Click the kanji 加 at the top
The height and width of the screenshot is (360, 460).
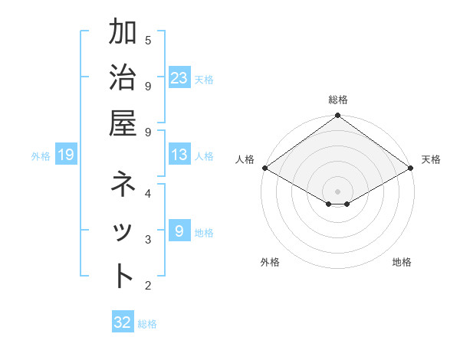tap(123, 33)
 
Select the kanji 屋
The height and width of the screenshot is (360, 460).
tap(123, 124)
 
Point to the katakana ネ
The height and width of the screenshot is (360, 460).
tap(123, 185)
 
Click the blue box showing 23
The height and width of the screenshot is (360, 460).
tap(179, 78)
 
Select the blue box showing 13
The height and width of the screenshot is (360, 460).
tap(179, 155)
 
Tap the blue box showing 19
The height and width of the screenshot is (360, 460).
tap(66, 155)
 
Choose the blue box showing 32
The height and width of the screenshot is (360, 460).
tap(123, 322)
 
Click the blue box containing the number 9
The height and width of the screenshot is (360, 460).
tap(179, 231)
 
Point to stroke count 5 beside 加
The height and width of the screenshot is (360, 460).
tap(148, 40)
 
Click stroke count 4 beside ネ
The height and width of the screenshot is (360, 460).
tap(148, 193)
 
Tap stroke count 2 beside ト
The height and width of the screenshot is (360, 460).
tap(148, 286)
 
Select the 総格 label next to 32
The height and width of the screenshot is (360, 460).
tap(148, 324)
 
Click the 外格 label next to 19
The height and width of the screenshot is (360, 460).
tap(41, 156)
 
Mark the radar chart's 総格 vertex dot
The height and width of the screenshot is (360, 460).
tap(337, 116)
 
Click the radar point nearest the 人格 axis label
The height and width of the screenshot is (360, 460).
tap(264, 168)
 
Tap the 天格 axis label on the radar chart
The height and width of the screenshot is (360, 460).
tap(431, 159)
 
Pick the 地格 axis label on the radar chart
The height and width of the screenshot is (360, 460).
tap(402, 262)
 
